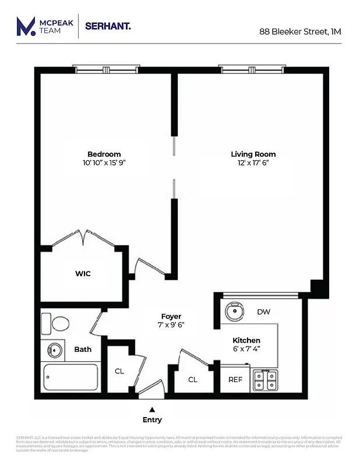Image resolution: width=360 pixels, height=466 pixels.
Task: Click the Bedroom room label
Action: click(104, 154)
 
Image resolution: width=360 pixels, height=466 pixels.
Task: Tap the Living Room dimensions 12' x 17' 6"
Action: click(253, 163)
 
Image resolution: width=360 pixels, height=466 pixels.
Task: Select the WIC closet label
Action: click(83, 273)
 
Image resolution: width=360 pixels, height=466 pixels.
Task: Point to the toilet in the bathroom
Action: click(59, 323)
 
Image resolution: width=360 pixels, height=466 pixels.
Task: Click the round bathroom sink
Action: click(55, 351)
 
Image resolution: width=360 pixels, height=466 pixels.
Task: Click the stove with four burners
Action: click(265, 381)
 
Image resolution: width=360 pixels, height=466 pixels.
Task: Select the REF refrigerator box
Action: click(235, 379)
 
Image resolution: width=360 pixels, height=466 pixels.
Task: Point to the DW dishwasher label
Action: click(264, 312)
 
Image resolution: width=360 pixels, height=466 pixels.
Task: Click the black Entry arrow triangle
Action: click(153, 409)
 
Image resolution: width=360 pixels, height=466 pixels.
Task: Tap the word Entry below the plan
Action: click(153, 420)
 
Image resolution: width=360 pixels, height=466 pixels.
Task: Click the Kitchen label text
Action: click(246, 340)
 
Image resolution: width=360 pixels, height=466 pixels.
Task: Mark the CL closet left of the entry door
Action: click(119, 371)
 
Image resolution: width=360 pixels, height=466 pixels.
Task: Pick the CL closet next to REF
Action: click(193, 379)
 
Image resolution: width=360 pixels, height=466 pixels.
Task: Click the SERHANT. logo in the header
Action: click(108, 26)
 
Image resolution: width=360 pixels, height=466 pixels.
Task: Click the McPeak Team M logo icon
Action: click(25, 27)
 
